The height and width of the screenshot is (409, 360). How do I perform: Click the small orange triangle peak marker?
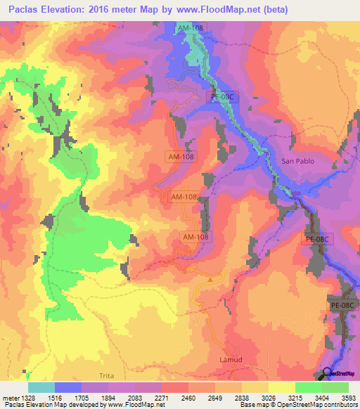(x=210, y=279)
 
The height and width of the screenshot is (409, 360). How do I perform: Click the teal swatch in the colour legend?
(x=41, y=387)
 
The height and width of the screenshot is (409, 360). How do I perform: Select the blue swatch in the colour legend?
(x=69, y=387)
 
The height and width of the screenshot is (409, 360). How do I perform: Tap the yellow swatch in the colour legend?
(x=281, y=387)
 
